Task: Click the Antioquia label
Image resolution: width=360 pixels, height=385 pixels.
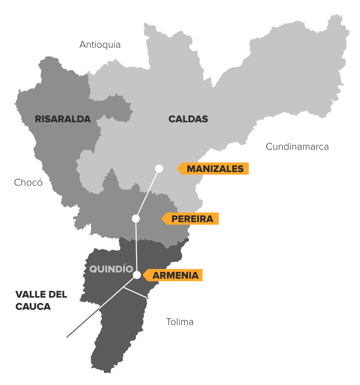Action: [100, 45]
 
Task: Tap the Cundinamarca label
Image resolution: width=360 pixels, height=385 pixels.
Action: [297, 147]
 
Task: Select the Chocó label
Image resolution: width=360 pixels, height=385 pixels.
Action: [28, 182]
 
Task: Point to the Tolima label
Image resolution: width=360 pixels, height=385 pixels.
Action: [180, 322]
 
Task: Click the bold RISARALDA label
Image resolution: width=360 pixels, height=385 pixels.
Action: [63, 119]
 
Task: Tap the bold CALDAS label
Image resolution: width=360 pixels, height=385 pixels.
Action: [188, 119]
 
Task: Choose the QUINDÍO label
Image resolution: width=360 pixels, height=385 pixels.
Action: [111, 269]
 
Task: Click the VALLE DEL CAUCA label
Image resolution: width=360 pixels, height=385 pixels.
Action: [41, 300]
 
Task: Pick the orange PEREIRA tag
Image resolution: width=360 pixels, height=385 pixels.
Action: [192, 219]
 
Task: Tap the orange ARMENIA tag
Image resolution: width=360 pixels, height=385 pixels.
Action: [175, 275]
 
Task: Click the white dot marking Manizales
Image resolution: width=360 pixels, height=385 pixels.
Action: [159, 168]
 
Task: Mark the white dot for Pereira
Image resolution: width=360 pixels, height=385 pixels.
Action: [136, 219]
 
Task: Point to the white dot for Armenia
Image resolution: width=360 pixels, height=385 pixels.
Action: [137, 275]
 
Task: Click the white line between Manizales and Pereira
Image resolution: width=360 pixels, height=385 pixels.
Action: [148, 193]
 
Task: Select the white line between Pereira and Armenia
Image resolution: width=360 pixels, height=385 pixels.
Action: [136, 246]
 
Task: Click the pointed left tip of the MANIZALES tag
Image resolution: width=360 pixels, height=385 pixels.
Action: [178, 169]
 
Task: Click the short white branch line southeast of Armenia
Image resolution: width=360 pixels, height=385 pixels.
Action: [136, 292]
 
